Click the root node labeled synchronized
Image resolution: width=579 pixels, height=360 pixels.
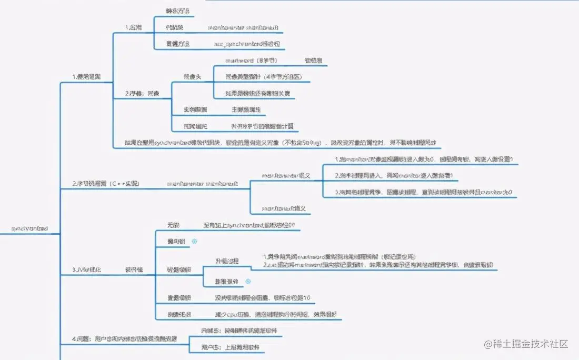30,229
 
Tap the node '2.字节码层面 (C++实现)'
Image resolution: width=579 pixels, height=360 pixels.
106,184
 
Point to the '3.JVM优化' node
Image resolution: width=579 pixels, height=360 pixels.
86,269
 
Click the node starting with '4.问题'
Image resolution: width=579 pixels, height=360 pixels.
124,338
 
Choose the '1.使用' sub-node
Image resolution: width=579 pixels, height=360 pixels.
133,27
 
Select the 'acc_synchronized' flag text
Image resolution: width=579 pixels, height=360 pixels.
247,44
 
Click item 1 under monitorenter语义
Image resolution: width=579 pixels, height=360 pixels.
424,159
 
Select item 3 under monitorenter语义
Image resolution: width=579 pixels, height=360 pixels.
424,192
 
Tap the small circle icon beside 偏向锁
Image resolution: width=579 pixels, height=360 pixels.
194,241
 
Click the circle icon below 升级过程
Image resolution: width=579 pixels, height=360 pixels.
248,281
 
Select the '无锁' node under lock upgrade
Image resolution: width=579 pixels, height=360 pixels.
173,225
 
